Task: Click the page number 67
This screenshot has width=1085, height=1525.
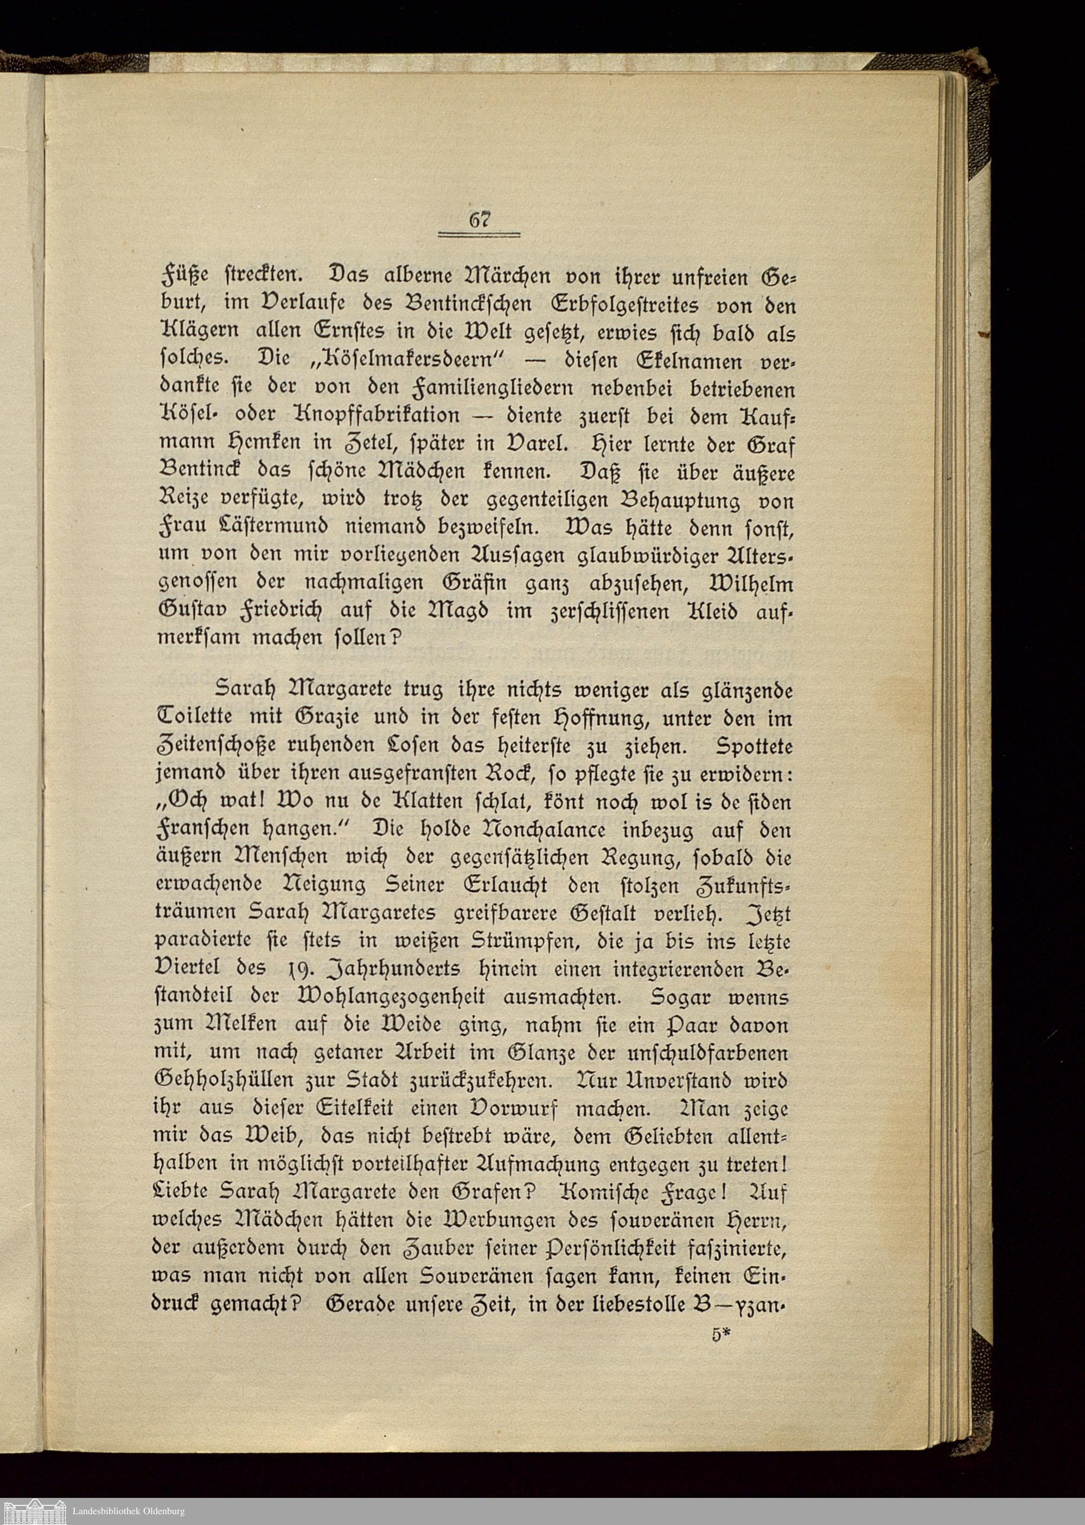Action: tap(479, 218)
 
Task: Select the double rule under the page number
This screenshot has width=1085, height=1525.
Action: tap(479, 234)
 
